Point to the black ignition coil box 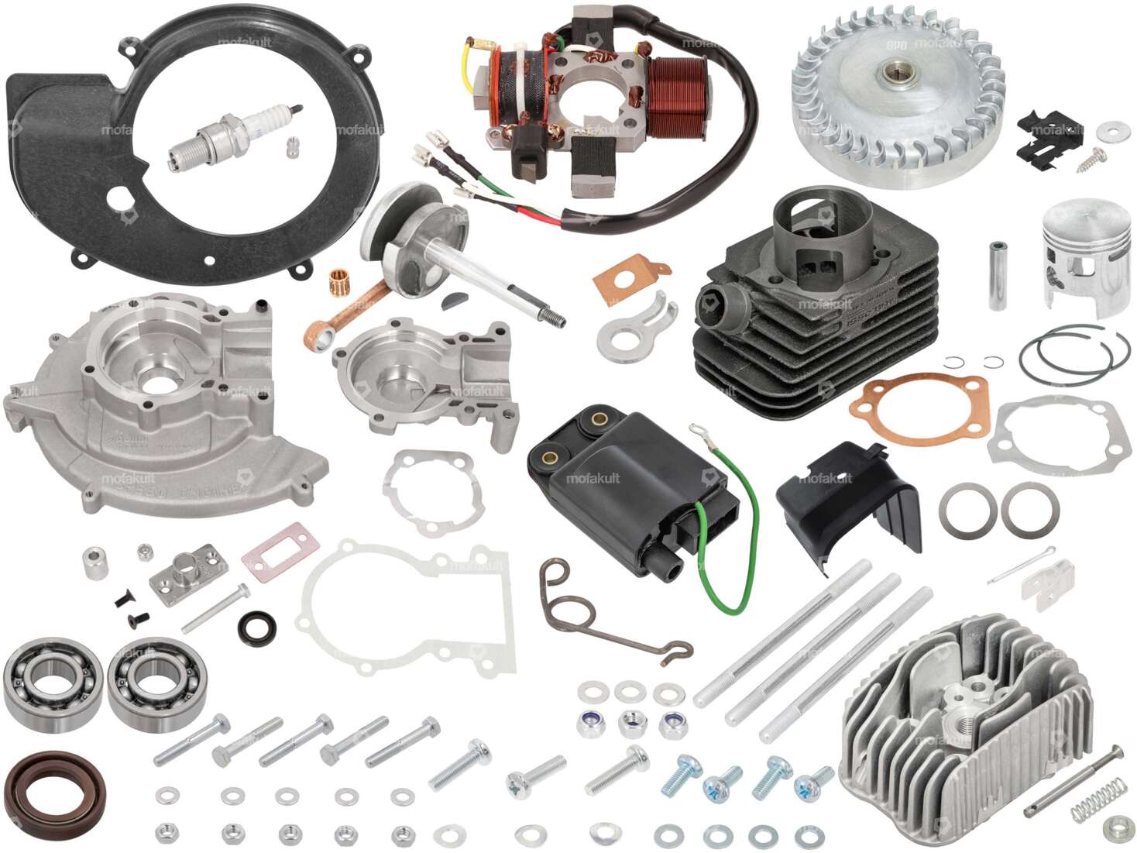coord(631,488)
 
